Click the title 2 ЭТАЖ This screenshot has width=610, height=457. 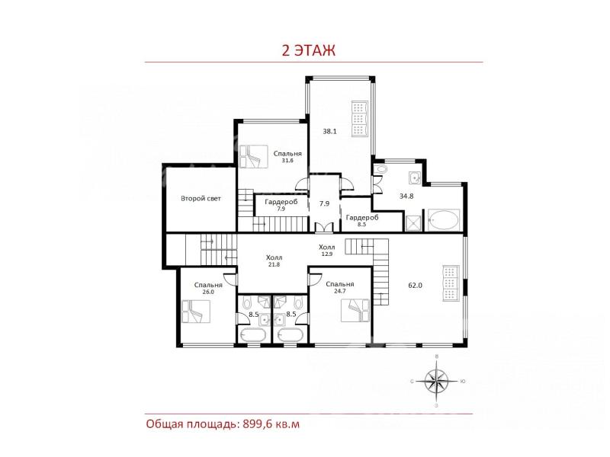(308, 50)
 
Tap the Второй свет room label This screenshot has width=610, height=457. (201, 199)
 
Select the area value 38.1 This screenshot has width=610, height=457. (329, 131)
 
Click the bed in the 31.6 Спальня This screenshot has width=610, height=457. (254, 157)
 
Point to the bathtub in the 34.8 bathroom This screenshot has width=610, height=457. (444, 220)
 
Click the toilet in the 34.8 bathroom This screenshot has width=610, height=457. (380, 169)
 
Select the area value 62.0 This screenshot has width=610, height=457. (415, 285)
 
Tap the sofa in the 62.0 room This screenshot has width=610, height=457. (451, 283)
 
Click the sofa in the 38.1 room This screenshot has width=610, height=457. (360, 119)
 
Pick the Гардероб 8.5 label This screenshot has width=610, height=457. (361, 220)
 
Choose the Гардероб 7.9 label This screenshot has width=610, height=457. (281, 205)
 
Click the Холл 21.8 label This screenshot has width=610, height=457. (274, 260)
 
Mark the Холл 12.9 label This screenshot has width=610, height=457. (327, 251)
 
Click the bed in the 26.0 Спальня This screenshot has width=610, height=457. (196, 311)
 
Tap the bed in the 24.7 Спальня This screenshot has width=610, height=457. (355, 311)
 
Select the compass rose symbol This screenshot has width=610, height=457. (436, 382)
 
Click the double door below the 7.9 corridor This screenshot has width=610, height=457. (324, 228)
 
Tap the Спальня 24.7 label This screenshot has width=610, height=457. (340, 287)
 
